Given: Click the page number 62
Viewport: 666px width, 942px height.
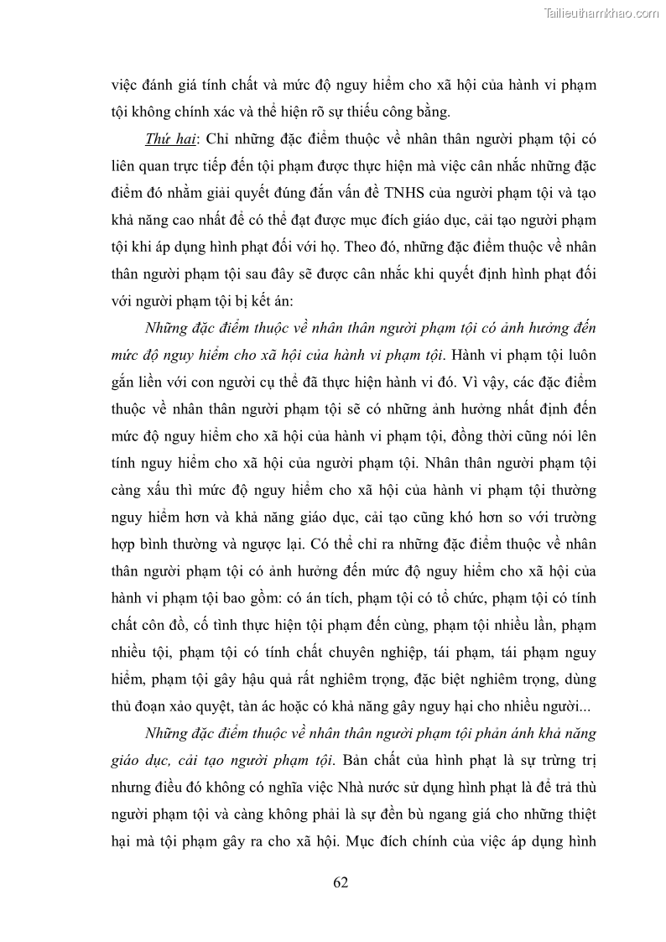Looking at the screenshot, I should click(x=341, y=882).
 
